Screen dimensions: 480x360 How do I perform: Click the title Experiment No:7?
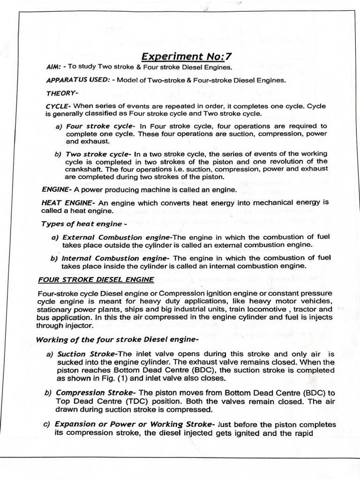[x=187, y=57]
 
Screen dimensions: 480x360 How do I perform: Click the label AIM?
[x=55, y=67]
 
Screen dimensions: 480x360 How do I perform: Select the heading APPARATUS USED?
[x=78, y=80]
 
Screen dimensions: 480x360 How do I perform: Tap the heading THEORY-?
[x=61, y=93]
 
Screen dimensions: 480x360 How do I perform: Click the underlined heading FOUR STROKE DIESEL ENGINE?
[x=96, y=279]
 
